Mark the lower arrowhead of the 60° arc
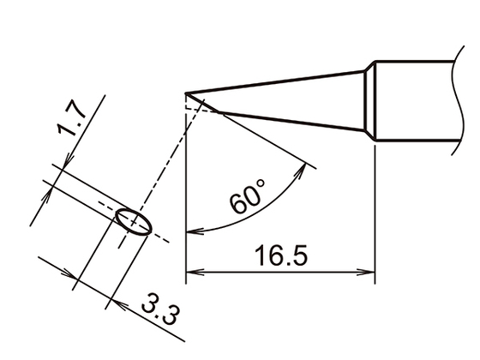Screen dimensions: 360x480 [192, 229]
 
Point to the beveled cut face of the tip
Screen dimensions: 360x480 [206, 105]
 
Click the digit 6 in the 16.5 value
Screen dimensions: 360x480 [267, 255]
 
